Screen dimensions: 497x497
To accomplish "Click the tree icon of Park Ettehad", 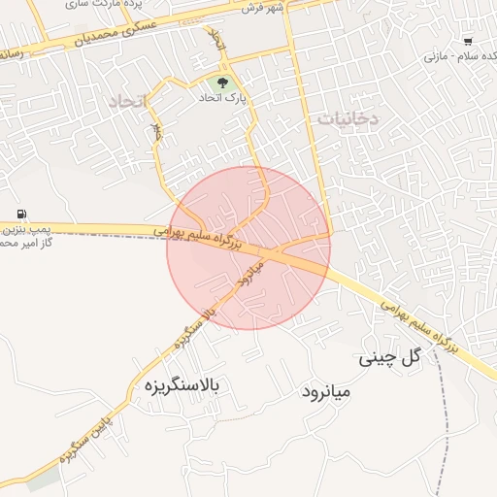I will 223,83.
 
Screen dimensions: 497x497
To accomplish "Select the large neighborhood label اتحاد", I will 127,101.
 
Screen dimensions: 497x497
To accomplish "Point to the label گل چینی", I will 392,357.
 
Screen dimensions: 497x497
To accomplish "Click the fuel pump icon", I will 21,214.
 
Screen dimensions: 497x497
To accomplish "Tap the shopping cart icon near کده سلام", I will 469,42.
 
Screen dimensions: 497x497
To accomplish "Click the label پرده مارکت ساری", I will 150,6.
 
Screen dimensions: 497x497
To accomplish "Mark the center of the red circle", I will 248,248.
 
